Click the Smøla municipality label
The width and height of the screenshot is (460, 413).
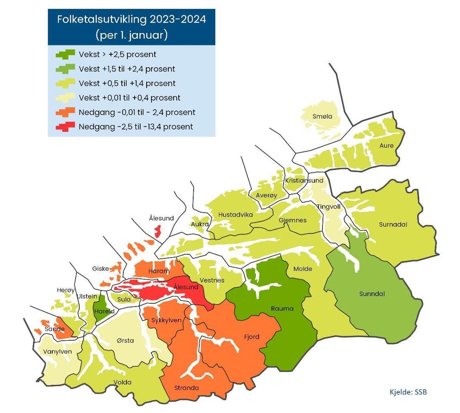pos(322,117)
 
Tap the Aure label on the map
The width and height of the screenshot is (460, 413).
pos(386,145)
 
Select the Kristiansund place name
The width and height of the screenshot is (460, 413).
pos(304,181)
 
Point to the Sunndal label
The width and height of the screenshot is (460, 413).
pos(372,294)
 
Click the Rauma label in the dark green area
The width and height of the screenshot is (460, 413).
pos(282,309)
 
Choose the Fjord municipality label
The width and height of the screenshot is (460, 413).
pos(252,337)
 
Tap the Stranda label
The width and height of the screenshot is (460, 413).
pos(186,388)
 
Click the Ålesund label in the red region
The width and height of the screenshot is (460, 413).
pos(186,287)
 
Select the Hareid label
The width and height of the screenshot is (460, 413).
pos(102,311)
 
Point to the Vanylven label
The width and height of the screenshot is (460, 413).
pos(57,352)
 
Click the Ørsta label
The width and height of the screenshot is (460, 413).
pos(125,341)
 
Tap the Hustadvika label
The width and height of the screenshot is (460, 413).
pos(236,214)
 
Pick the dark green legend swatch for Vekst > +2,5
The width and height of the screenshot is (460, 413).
pos(65,54)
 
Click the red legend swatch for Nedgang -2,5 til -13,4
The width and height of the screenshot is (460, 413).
pos(65,126)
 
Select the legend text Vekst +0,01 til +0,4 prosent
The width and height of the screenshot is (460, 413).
pos(129,98)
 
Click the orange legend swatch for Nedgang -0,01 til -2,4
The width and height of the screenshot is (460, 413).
pos(65,112)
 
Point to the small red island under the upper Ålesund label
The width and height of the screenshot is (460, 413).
pos(158,231)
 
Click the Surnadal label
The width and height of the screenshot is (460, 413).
pos(393,224)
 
